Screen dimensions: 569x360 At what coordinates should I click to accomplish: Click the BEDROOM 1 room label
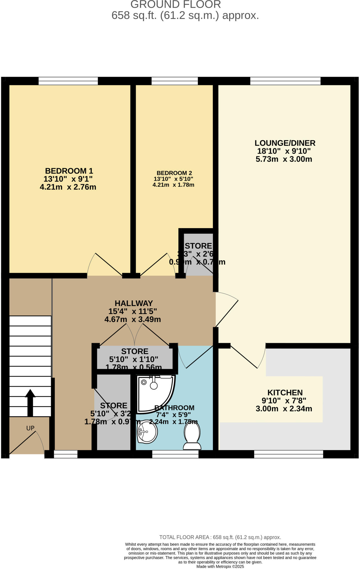[69, 171]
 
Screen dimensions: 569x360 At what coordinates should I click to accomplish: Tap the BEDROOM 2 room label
[174, 173]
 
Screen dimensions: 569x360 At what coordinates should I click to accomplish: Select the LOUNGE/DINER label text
[285, 143]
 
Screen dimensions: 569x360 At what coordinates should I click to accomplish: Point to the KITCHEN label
[285, 393]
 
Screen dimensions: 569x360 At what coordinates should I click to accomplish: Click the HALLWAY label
[134, 303]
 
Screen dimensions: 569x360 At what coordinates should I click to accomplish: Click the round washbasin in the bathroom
[147, 432]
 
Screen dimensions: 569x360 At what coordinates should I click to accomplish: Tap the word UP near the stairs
[30, 428]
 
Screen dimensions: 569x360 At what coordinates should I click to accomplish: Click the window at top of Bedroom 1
[68, 81]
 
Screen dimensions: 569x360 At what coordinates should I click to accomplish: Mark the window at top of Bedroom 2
[175, 81]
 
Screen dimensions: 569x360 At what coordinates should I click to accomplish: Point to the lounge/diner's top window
[285, 81]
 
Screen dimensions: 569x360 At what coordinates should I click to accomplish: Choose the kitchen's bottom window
[289, 454]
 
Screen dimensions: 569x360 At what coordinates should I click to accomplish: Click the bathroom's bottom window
[175, 454]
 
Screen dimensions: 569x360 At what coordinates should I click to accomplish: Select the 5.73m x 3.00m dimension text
[284, 159]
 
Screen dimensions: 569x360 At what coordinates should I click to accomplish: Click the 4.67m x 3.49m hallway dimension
[133, 319]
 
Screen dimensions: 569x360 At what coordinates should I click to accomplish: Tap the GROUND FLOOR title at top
[176, 4]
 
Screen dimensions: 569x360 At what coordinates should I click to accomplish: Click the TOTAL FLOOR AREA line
[220, 537]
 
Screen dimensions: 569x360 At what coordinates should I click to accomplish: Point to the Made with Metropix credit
[220, 566]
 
